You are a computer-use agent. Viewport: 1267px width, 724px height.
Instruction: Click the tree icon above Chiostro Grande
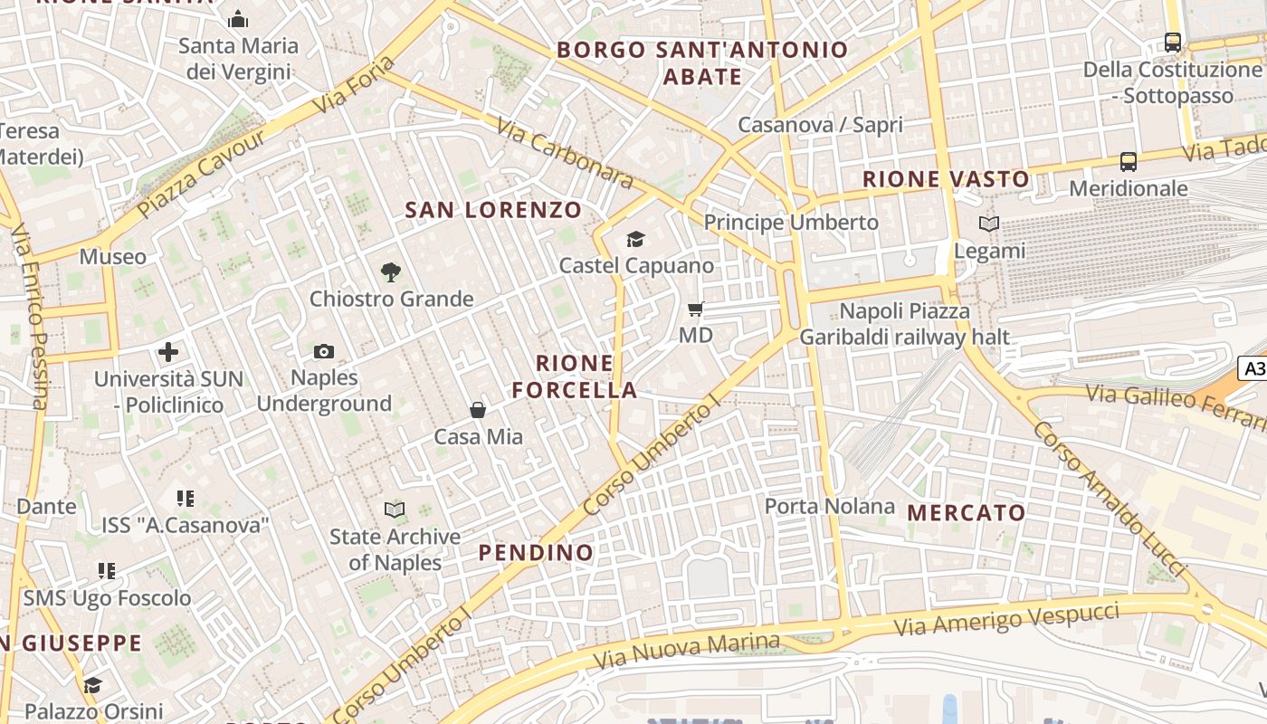pyautogui.click(x=391, y=271)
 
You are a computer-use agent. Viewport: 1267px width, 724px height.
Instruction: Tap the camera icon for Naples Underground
pyautogui.click(x=323, y=351)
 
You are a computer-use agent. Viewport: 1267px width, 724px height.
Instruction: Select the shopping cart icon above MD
pyautogui.click(x=695, y=310)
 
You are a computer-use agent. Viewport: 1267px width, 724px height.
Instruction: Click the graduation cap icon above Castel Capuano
pyautogui.click(x=635, y=239)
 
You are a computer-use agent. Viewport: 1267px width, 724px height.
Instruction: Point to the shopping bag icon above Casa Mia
pyautogui.click(x=478, y=411)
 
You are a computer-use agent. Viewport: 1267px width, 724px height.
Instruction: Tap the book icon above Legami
pyautogui.click(x=989, y=224)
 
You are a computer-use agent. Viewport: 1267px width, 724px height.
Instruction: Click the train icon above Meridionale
pyautogui.click(x=1128, y=162)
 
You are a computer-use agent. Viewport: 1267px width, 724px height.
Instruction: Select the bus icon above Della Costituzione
pyautogui.click(x=1172, y=42)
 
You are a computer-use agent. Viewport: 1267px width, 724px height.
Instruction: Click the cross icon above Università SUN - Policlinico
pyautogui.click(x=168, y=352)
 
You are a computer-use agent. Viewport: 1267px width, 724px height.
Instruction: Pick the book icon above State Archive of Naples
pyautogui.click(x=394, y=510)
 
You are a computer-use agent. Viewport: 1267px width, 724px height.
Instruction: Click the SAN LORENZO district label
pyautogui.click(x=493, y=210)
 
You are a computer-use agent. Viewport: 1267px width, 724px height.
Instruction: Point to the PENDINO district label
pyautogui.click(x=536, y=552)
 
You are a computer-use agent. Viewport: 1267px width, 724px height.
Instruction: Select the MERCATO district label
pyautogui.click(x=967, y=513)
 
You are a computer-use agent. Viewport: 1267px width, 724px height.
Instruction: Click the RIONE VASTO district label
pyautogui.click(x=946, y=179)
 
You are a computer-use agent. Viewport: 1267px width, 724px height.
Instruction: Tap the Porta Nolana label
pyautogui.click(x=830, y=506)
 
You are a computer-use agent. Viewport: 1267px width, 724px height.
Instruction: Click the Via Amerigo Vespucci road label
pyautogui.click(x=1006, y=620)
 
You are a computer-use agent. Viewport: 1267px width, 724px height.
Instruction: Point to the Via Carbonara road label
pyautogui.click(x=565, y=149)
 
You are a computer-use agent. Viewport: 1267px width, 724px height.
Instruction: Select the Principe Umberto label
pyautogui.click(x=791, y=222)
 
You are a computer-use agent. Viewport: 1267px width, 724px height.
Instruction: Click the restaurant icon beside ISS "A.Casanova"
pyautogui.click(x=186, y=498)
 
